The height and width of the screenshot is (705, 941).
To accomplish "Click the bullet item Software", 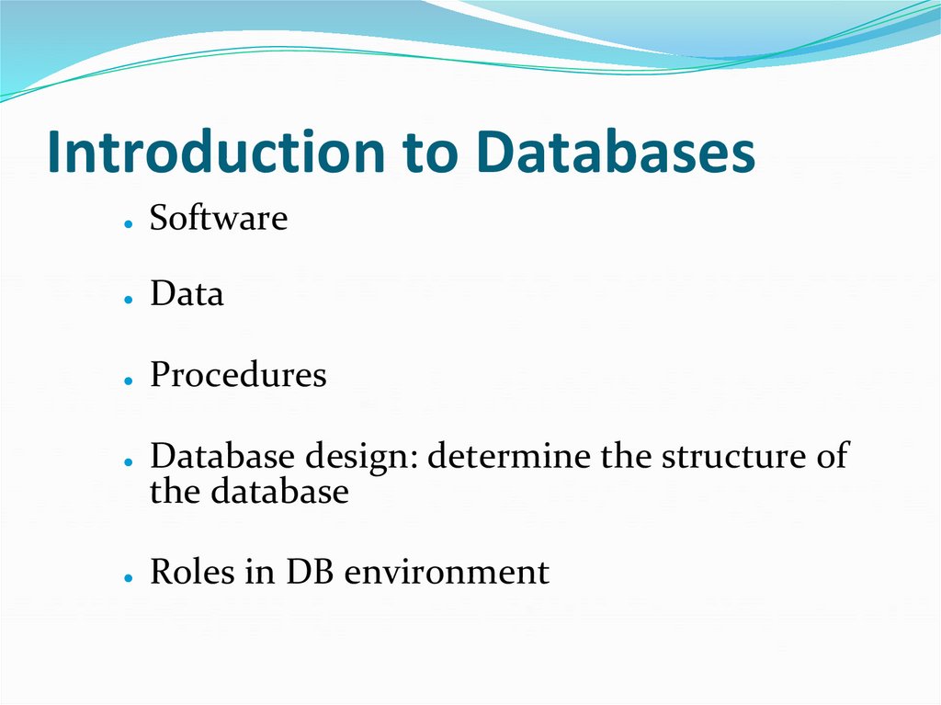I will pos(219,219).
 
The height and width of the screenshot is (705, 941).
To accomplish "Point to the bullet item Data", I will pos(187,294).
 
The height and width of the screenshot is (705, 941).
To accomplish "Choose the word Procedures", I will pos(238,375).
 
